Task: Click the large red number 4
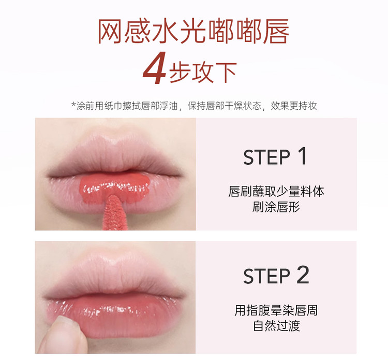pos(154,68)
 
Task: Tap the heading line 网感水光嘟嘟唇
pos(193,32)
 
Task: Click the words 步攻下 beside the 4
pos(203,72)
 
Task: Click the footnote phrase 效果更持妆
pos(294,106)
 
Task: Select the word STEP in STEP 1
pos(266,157)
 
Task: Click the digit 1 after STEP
pos(303,156)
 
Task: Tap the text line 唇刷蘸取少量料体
pos(276,191)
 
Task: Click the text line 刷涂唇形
pos(276,207)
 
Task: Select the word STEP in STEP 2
pos(266,276)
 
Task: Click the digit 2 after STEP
pos(303,275)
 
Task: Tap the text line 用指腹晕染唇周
pos(276,310)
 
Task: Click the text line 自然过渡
pos(276,326)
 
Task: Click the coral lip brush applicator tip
pos(114,212)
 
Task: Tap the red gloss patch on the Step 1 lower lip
pos(114,187)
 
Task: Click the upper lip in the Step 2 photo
pos(114,276)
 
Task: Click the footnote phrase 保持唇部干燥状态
pos(225,106)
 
